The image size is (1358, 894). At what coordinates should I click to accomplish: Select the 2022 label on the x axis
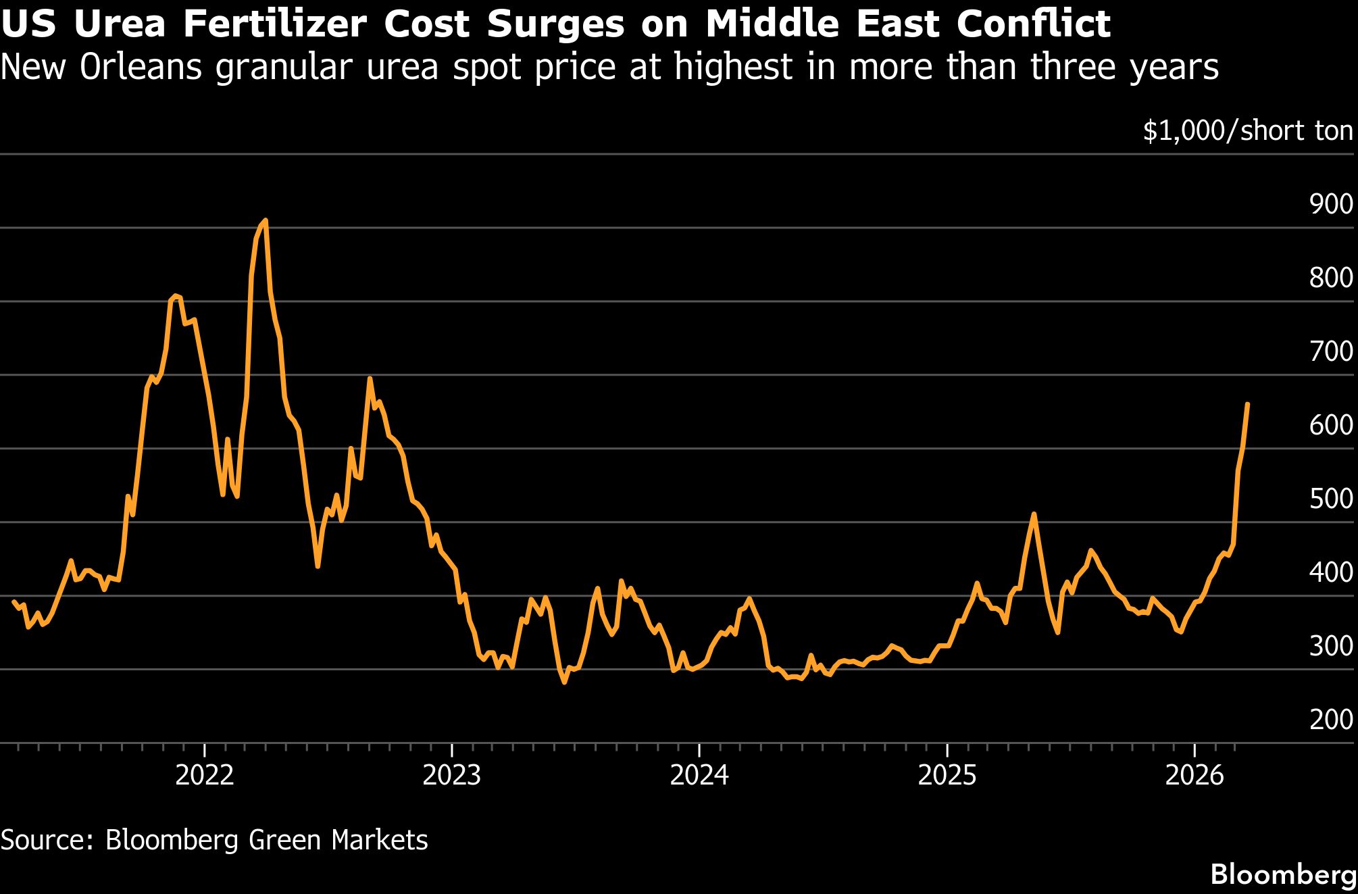coord(204,775)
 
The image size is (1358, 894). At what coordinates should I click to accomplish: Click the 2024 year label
coord(699,775)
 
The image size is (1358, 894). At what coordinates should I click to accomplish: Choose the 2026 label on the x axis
coord(1194,775)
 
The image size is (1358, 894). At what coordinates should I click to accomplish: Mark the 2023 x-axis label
coord(451,775)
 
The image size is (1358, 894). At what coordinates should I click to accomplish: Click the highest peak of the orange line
coord(265,220)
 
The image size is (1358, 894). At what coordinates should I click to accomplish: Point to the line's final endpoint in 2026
coord(1247,404)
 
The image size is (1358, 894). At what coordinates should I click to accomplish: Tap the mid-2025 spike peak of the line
coord(1033,514)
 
